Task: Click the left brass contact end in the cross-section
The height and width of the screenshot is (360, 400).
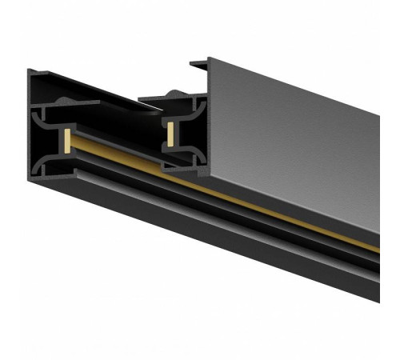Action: point(66,141)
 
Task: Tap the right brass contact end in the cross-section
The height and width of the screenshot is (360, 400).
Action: point(170,134)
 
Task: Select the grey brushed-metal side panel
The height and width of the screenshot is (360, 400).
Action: point(288,136)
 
